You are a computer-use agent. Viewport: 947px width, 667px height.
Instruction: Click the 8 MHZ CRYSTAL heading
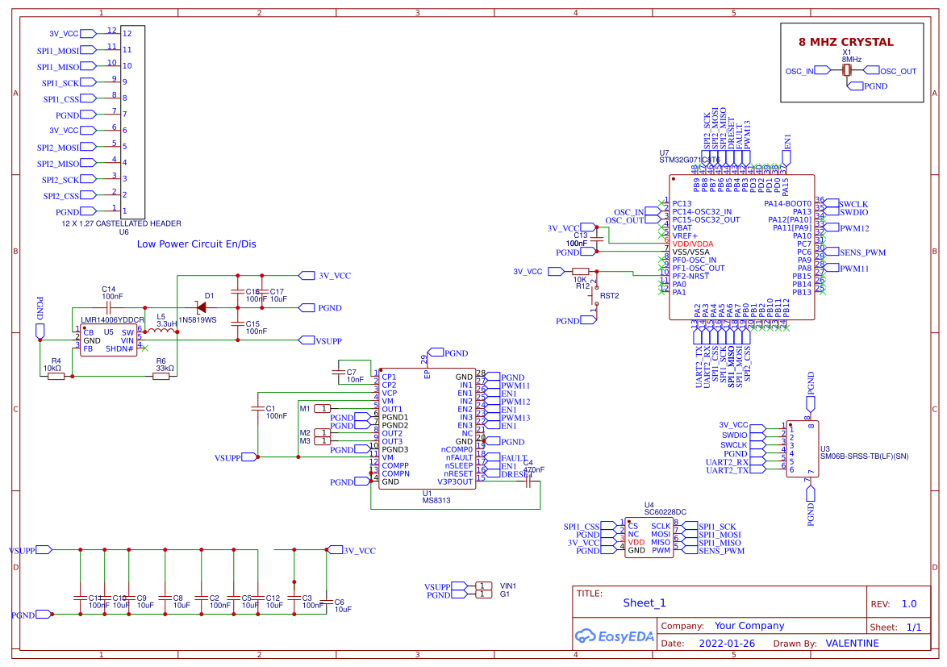tap(845, 42)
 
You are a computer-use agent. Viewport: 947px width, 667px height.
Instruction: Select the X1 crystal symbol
tap(846, 71)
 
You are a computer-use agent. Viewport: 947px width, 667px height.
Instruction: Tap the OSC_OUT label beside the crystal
tap(898, 71)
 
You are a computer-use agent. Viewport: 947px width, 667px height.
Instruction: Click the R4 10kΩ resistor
tap(56, 376)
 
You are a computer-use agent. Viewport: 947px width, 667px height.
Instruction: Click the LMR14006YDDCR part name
tap(112, 320)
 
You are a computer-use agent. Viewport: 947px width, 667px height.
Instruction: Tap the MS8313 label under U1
tap(436, 500)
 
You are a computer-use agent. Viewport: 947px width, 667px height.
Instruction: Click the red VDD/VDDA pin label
tap(693, 244)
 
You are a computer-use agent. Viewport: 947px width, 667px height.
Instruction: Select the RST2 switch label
tap(609, 296)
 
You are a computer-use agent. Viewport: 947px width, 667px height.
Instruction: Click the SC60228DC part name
tap(665, 511)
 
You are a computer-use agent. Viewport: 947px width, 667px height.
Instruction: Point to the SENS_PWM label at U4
tap(722, 551)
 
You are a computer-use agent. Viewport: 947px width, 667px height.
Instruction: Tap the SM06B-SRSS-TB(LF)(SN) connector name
tap(864, 456)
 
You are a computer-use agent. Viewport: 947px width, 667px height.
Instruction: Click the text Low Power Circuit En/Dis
tap(196, 244)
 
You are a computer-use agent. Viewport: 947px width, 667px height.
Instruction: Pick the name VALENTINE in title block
tap(852, 643)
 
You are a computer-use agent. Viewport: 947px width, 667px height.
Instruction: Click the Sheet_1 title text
tap(645, 602)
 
